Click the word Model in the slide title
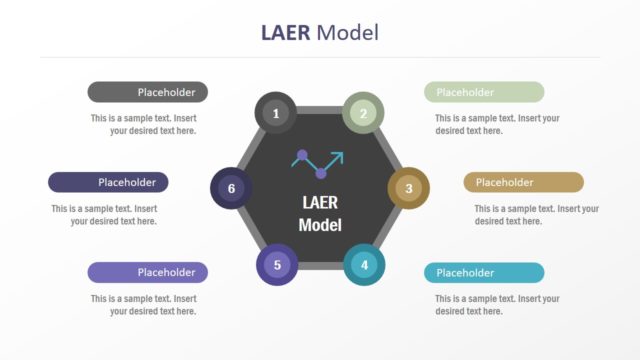[347, 32]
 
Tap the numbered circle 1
[276, 113]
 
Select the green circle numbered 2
[364, 113]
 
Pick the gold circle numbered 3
[408, 187]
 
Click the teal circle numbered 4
[364, 264]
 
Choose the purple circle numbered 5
[277, 265]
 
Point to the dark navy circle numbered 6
[231, 188]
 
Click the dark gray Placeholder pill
[148, 92]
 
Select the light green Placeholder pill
[484, 92]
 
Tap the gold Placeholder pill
[523, 182]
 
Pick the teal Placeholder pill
[484, 272]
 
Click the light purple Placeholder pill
[148, 272]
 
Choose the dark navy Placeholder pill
[108, 182]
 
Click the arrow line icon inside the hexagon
[318, 161]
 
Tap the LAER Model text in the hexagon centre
[320, 213]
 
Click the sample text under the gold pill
[536, 215]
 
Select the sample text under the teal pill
[497, 305]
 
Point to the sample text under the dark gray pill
[143, 124]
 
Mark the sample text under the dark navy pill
[104, 215]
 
